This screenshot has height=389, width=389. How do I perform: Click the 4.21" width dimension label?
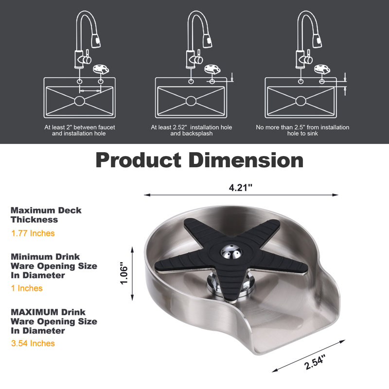[240, 188]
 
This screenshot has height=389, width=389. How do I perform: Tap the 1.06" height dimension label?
[124, 273]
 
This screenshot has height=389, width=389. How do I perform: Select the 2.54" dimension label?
[315, 362]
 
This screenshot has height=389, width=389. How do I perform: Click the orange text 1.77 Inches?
[33, 233]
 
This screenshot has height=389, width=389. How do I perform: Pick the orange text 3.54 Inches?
[33, 343]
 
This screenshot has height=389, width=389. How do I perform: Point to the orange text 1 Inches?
[27, 288]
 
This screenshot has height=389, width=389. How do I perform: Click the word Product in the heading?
[139, 160]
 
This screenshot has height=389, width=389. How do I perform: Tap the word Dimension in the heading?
[246, 160]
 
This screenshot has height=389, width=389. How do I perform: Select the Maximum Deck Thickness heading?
[46, 215]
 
